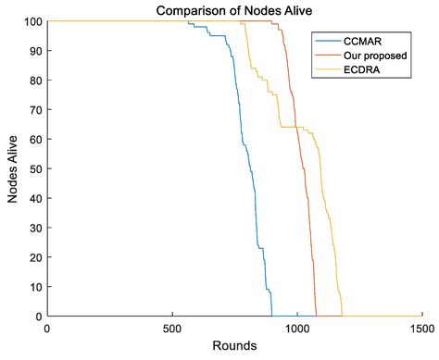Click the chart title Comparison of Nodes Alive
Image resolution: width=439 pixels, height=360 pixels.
(x=233, y=10)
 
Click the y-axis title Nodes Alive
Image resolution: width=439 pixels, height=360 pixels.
(x=14, y=168)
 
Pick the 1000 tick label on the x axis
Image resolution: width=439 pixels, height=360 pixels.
(x=296, y=329)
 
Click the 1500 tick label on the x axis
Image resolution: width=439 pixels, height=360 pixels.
(x=421, y=329)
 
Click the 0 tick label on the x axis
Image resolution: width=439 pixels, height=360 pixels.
(x=46, y=329)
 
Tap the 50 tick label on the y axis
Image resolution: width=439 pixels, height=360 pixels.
(x=33, y=168)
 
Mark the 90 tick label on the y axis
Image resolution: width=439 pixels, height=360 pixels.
(x=33, y=51)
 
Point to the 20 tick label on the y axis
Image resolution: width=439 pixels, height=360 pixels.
(x=33, y=257)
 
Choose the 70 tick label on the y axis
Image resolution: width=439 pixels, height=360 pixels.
(x=33, y=110)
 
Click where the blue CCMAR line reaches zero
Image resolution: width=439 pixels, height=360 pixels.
(x=271, y=316)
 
